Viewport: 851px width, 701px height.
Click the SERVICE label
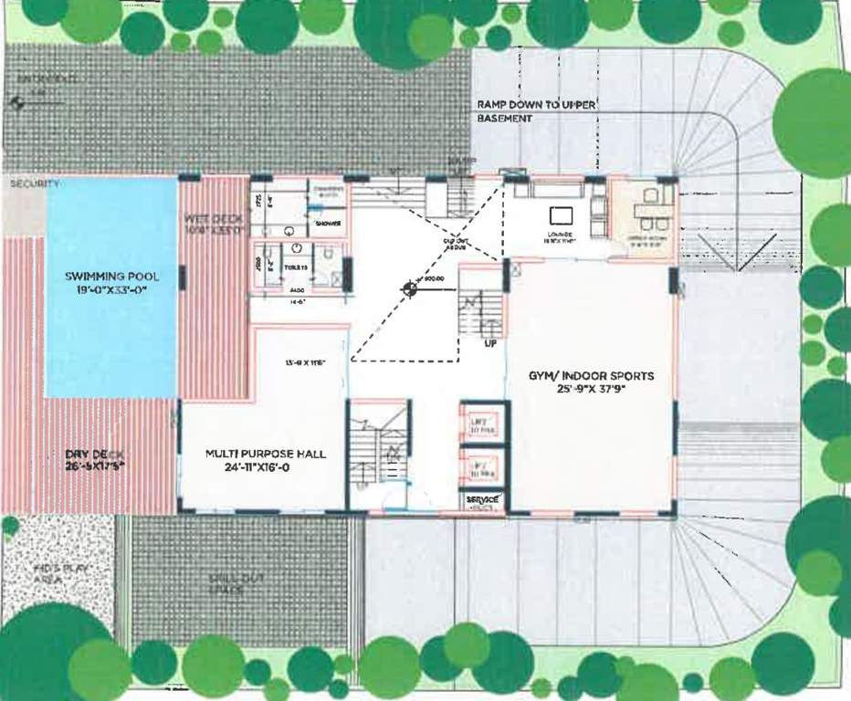pos(481,500)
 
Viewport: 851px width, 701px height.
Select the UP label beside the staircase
pos(490,344)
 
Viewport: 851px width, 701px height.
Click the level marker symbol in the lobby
pos(410,288)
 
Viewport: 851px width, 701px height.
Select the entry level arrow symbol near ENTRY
pos(16,104)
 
